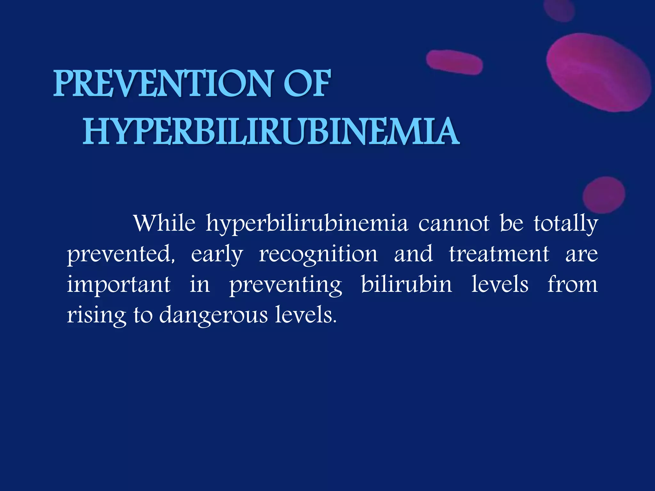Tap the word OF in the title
point(307,84)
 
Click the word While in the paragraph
point(164,223)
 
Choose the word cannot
point(454,223)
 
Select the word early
point(217,254)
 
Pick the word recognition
point(318,254)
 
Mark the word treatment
point(499,254)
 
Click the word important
point(119,285)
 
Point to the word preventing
point(286,285)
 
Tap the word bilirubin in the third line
point(406,284)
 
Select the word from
point(572,284)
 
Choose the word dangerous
point(213,315)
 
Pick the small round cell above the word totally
point(604,195)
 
